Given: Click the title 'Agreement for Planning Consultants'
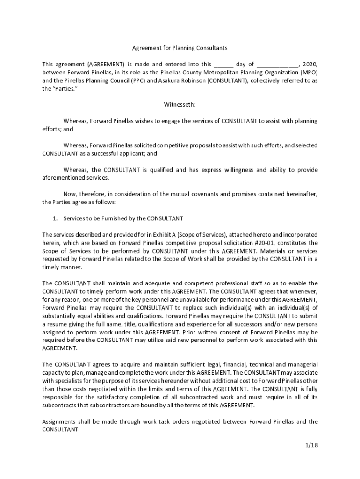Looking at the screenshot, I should pos(180,48).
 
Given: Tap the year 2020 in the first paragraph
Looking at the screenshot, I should pos(310,64).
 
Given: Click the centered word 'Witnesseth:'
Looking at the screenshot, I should pos(180,104).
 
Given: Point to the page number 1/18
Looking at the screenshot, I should pos(309,445).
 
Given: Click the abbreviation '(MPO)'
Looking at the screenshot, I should pos(309,73).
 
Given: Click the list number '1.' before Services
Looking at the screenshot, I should pos(55,218).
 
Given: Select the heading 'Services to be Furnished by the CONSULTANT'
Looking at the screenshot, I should pos(123,218).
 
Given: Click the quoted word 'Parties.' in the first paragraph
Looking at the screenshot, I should pos(65,88).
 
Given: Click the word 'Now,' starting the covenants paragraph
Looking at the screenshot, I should pos(71,194).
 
